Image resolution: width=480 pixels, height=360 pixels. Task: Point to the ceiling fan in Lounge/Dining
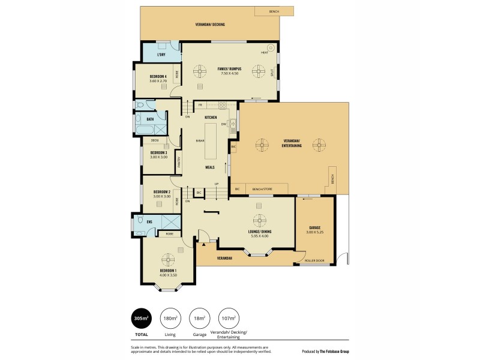coord(259,219)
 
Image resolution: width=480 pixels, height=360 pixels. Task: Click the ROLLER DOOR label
coord(314,260)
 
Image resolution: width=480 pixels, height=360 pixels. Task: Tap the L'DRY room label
coord(161,55)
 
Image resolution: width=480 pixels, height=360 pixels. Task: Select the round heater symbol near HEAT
coord(271,47)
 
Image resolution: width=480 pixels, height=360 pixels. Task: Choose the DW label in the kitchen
coord(223,124)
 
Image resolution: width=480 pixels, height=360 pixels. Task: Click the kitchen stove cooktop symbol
coord(223,105)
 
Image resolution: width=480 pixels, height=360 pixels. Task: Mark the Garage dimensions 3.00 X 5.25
coord(314,231)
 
